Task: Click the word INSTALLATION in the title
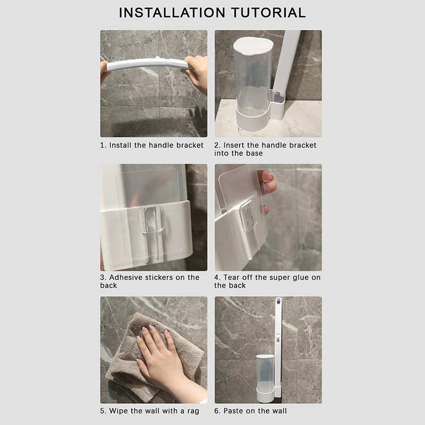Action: pyautogui.click(x=172, y=13)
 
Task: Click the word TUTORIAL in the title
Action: pyautogui.click(x=268, y=13)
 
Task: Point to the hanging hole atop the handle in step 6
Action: pyautogui.click(x=278, y=300)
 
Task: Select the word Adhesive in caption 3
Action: pyautogui.click(x=126, y=277)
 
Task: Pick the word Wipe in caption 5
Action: pyautogui.click(x=118, y=411)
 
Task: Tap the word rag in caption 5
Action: pyautogui.click(x=193, y=411)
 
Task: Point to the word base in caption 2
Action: pyautogui.click(x=254, y=154)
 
